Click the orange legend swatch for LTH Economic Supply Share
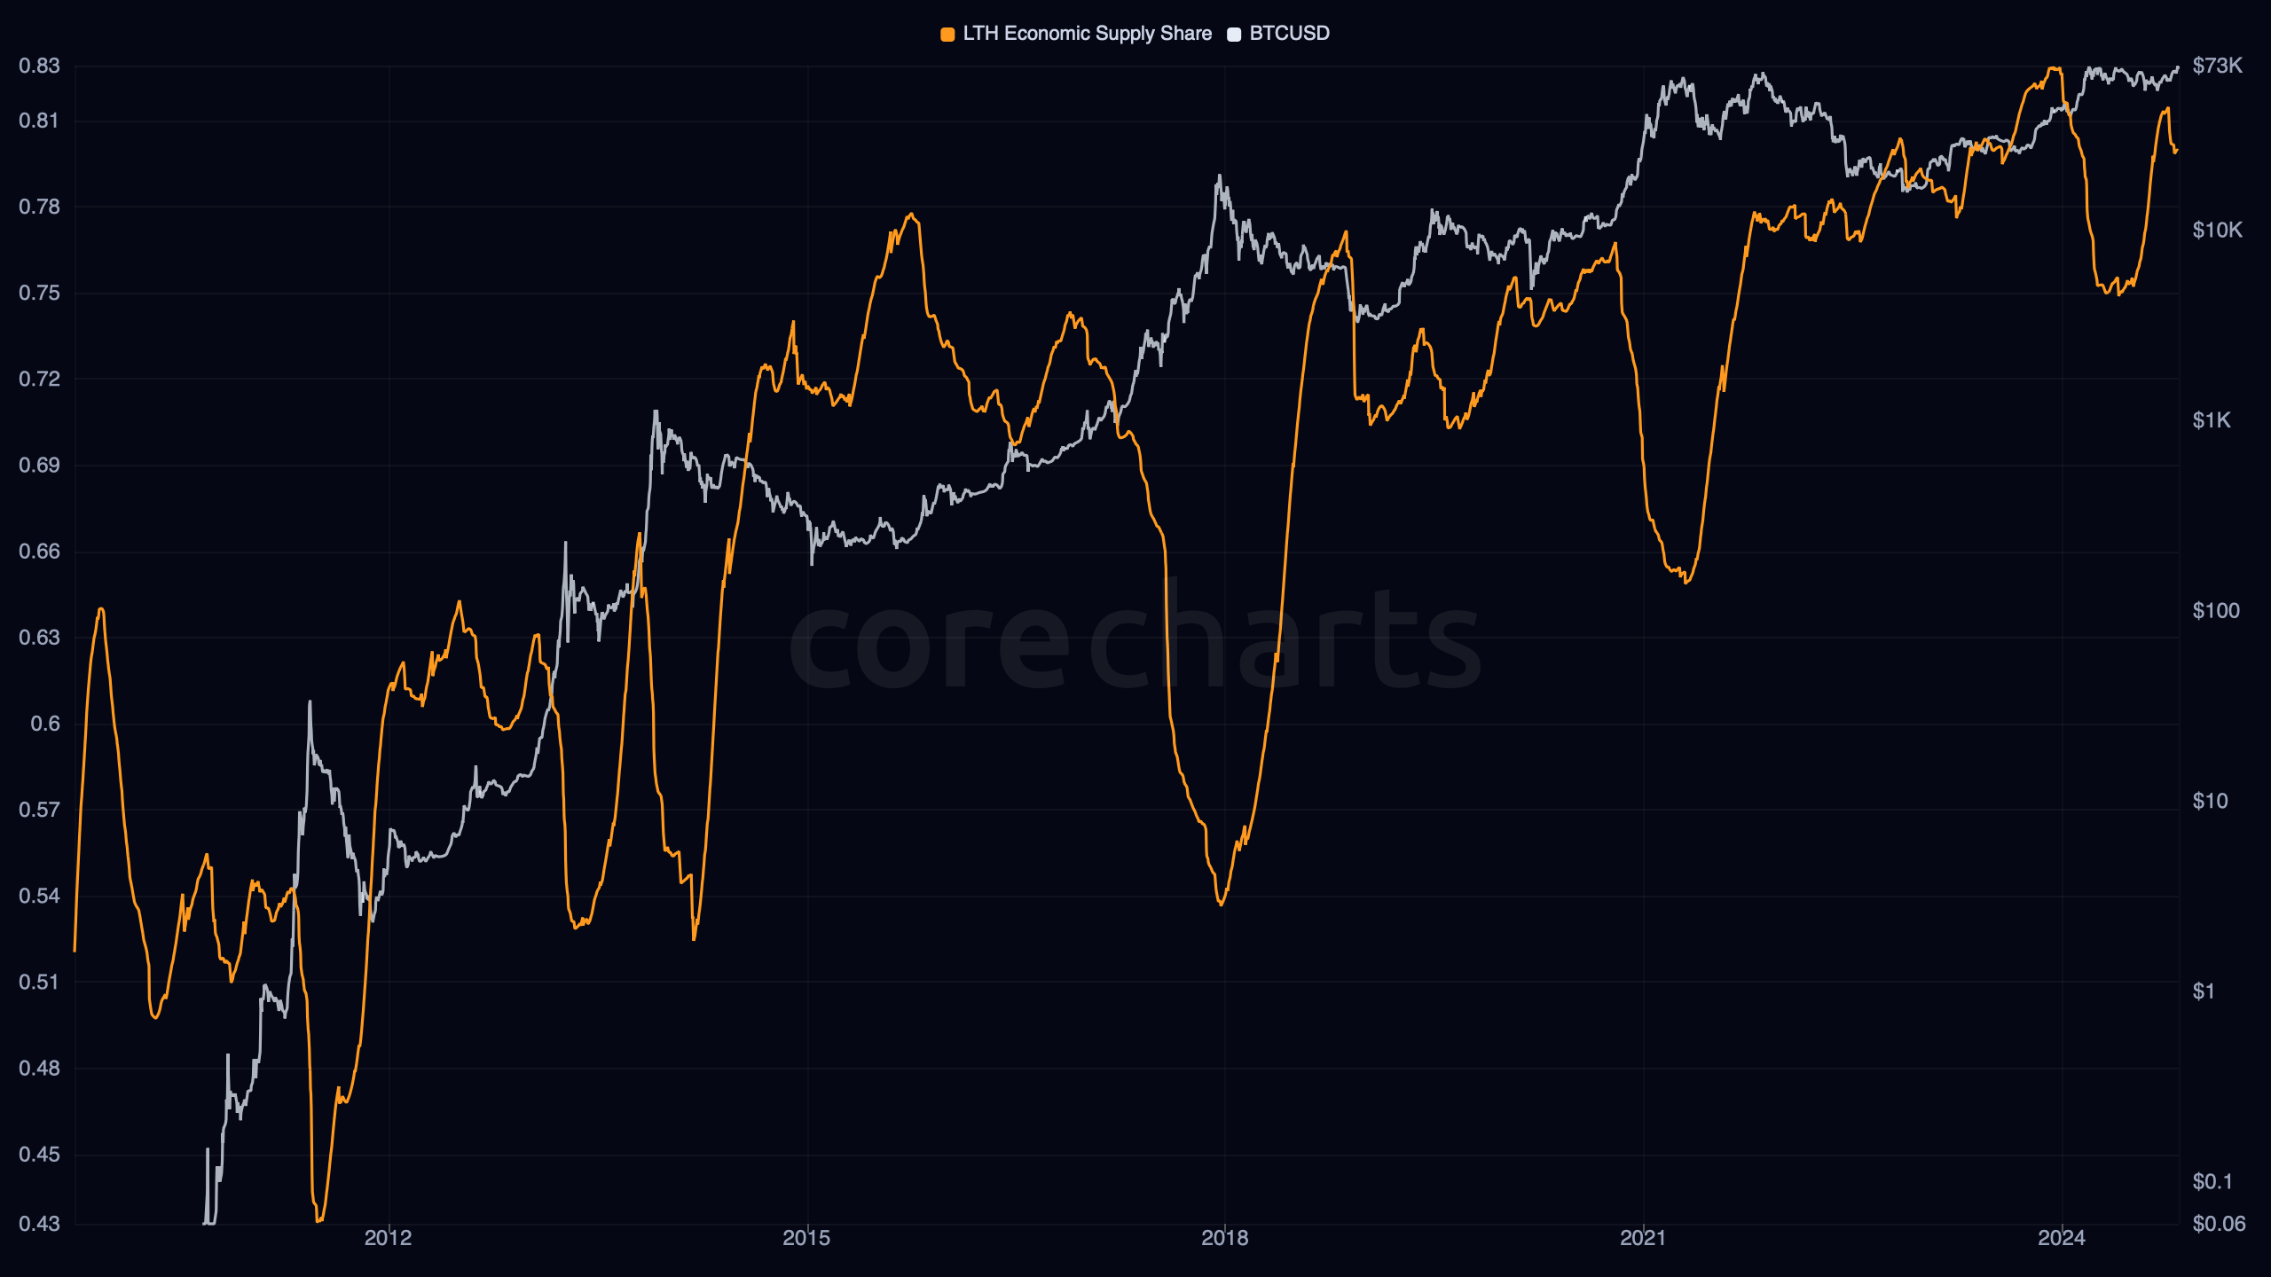[x=947, y=35]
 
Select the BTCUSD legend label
[x=1289, y=34]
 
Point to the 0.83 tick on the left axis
[x=40, y=66]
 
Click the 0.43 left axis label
[x=40, y=1224]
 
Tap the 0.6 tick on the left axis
[x=45, y=724]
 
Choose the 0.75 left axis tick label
[x=40, y=293]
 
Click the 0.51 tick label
[x=40, y=982]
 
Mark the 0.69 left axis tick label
[x=40, y=465]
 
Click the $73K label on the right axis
[x=2217, y=66]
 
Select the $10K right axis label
[x=2217, y=231]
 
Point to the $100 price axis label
[x=2215, y=611]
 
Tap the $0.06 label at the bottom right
[x=2219, y=1224]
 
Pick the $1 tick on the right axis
[x=2204, y=991]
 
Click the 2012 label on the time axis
[x=389, y=1238]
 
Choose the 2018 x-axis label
[x=1224, y=1238]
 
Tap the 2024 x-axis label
[x=2062, y=1238]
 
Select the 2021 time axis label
[x=1643, y=1238]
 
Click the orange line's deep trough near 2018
[x=1222, y=904]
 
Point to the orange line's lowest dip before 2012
[x=318, y=1220]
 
